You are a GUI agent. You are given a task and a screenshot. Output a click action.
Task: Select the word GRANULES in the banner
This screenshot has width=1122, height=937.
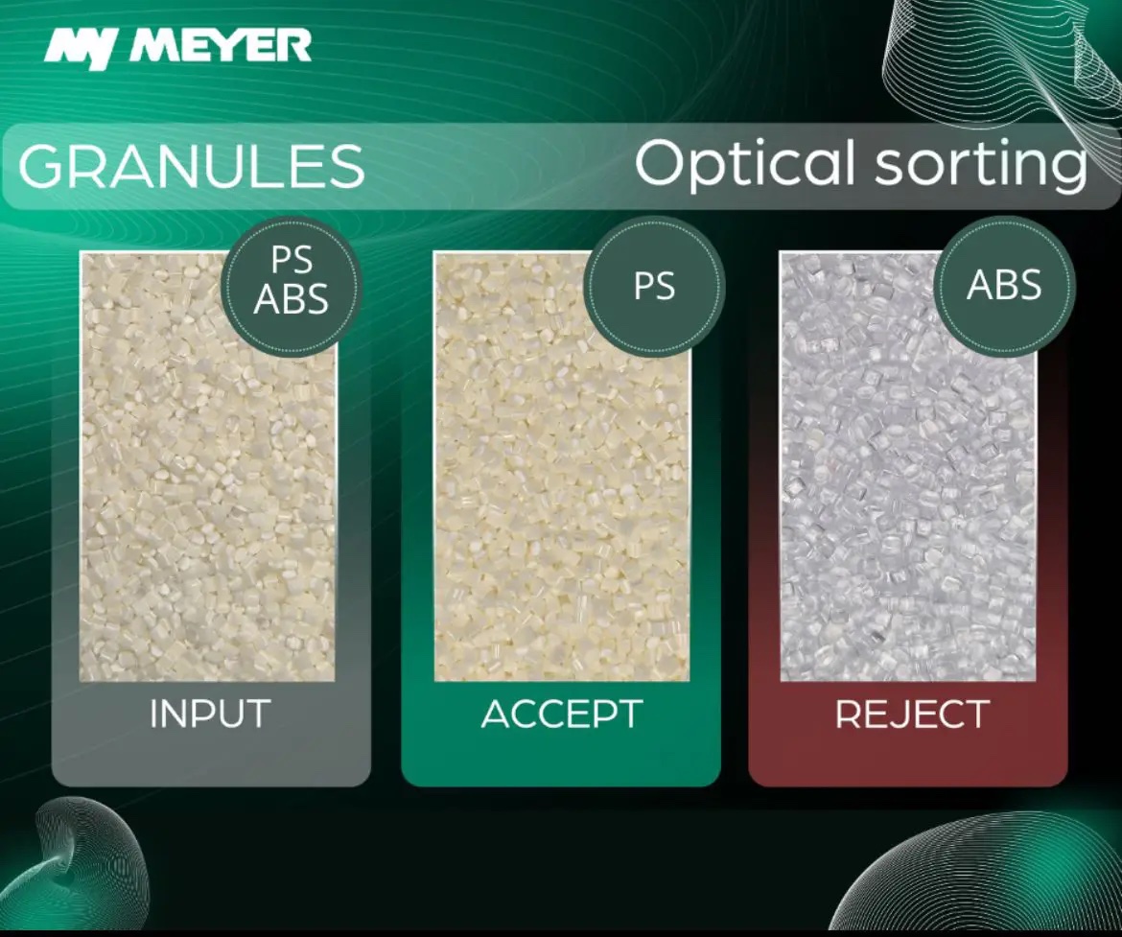coord(192,165)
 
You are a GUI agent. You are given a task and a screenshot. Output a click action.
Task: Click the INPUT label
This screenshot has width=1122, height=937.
coord(210,714)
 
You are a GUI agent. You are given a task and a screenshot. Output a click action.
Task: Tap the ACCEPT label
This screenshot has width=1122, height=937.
coord(562,714)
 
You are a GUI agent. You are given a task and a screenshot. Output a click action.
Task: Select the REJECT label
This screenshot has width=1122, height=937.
coord(912,714)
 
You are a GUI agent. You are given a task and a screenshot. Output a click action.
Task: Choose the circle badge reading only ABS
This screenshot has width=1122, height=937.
coord(1004,285)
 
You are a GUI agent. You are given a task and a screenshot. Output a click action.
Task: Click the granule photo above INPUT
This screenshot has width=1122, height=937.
coord(207,467)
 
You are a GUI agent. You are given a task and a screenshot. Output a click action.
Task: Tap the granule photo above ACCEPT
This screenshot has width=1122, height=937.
coord(562,467)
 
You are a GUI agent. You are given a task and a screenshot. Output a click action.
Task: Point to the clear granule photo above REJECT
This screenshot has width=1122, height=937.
coord(908,467)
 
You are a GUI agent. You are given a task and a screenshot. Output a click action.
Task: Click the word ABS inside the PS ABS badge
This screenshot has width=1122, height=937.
coord(292,299)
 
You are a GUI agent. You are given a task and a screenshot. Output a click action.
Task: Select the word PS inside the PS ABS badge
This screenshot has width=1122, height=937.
coord(292,261)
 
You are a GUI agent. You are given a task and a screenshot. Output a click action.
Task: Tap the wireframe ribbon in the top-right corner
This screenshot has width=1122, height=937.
coord(1002,72)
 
